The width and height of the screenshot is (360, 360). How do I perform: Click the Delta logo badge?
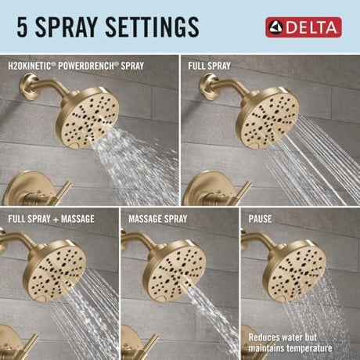[x=304, y=27]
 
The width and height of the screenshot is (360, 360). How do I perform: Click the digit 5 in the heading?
[x=22, y=27]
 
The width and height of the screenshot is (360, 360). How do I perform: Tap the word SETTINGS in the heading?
[x=152, y=27]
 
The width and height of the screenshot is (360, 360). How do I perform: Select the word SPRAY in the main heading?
[x=67, y=27]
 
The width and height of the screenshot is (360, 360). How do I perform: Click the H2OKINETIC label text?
[x=29, y=66]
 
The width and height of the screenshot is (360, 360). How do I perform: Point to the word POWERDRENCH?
[x=86, y=66]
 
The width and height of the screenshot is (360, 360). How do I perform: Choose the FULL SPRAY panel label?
[x=209, y=66]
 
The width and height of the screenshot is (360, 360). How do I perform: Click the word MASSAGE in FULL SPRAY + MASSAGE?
[x=77, y=219]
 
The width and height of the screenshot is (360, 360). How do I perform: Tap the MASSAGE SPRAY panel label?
[x=158, y=219]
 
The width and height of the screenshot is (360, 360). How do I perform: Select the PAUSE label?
[x=260, y=219]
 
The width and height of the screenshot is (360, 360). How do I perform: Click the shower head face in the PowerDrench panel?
[x=91, y=120]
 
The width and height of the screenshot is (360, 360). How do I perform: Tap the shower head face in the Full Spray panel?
[x=271, y=120]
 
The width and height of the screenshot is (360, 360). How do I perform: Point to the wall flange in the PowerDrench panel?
[x=28, y=87]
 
